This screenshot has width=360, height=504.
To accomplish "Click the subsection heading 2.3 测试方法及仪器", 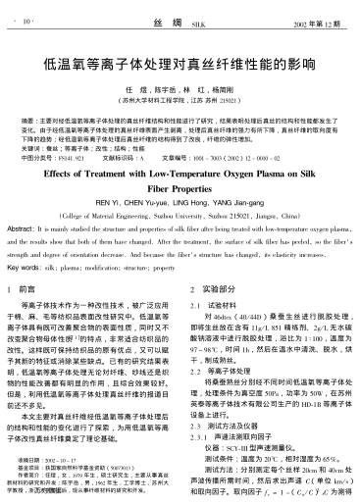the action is [232, 428].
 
